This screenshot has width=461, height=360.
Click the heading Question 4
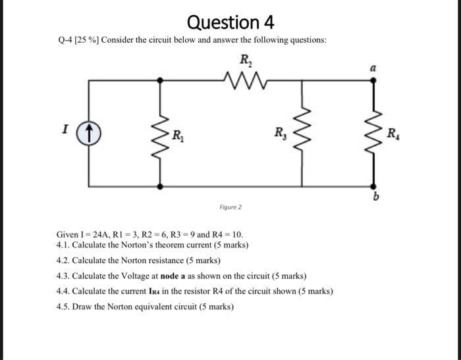point(230,22)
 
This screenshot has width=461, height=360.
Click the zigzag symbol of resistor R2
point(245,80)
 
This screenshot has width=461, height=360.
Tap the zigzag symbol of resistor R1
point(160,133)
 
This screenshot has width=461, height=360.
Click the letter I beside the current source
point(65,130)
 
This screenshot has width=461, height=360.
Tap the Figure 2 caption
point(230,207)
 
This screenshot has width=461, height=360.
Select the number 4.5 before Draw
point(63,307)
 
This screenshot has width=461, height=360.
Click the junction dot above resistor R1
point(160,80)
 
